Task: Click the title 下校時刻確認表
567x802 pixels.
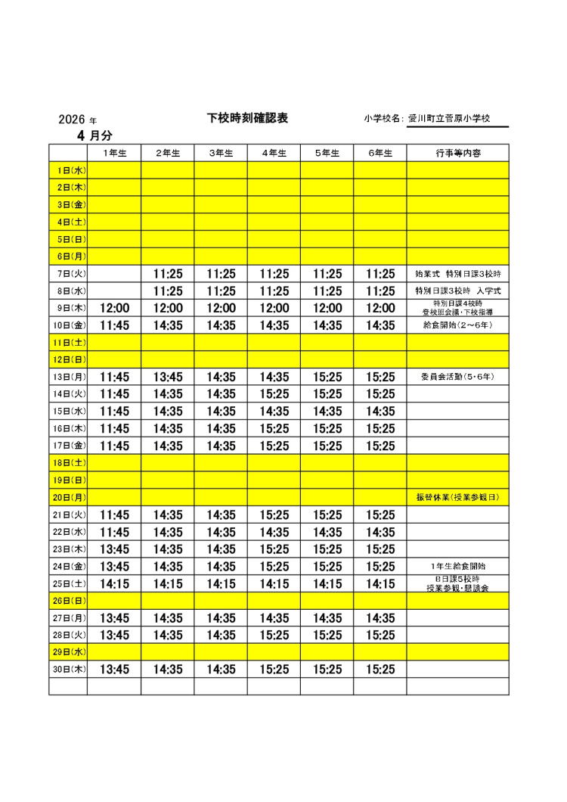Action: tap(247, 118)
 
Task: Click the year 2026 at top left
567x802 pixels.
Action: tap(72, 120)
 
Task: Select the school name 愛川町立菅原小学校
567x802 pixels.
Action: tap(450, 119)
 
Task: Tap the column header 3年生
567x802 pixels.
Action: tap(221, 153)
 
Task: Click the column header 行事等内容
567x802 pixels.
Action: tap(457, 153)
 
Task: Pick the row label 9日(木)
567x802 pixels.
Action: tap(68, 308)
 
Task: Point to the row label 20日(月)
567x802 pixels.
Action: tap(68, 497)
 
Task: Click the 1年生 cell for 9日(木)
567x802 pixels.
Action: tap(114, 308)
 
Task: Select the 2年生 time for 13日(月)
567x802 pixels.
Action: tap(167, 377)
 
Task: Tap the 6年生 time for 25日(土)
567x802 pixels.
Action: tap(380, 583)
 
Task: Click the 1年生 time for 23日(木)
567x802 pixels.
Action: tap(114, 549)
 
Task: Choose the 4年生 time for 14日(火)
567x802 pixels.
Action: tap(274, 394)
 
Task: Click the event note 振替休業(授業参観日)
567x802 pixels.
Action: tap(457, 497)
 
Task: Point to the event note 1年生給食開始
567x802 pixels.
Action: tap(457, 566)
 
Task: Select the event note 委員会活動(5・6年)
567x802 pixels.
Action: tap(457, 377)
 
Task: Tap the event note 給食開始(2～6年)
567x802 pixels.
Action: tap(457, 325)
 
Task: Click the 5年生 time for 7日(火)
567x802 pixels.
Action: tap(327, 274)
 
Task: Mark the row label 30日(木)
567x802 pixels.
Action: tap(68, 670)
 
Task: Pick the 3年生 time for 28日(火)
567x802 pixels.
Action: tap(221, 635)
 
